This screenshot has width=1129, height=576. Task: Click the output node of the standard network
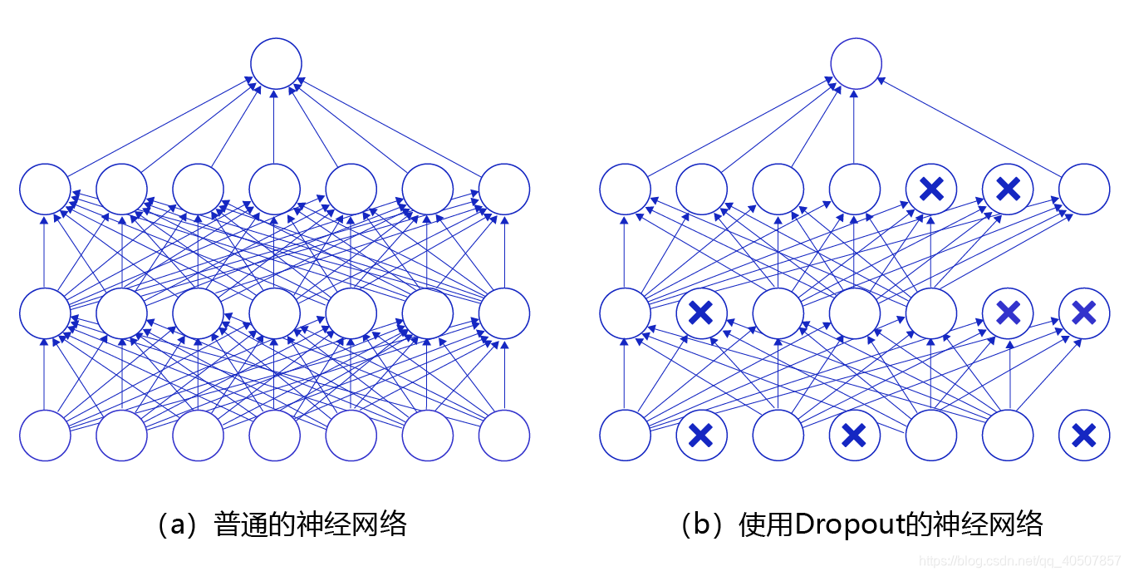click(275, 63)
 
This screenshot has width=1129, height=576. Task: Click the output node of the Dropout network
click(855, 63)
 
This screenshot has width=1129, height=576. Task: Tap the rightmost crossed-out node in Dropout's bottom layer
click(1083, 435)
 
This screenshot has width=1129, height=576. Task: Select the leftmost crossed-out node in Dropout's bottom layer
click(701, 435)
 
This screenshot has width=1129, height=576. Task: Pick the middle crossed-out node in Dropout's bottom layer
click(854, 435)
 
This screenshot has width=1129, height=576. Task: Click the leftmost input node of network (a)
click(45, 435)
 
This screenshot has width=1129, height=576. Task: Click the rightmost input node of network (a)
click(503, 435)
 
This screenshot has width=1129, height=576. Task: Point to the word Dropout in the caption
click(854, 524)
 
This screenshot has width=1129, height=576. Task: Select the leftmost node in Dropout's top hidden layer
click(625, 189)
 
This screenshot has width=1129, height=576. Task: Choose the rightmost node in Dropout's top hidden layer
click(1083, 189)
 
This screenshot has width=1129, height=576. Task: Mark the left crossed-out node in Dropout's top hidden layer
click(931, 189)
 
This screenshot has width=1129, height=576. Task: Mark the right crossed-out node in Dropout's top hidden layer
click(1007, 189)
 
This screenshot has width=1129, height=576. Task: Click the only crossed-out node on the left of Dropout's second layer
click(701, 313)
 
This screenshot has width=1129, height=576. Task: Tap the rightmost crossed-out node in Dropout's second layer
click(1083, 313)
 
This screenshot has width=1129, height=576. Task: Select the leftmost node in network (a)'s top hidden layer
click(45, 189)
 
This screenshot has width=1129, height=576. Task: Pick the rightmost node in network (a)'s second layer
click(503, 313)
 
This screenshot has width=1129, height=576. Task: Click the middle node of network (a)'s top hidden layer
click(274, 189)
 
